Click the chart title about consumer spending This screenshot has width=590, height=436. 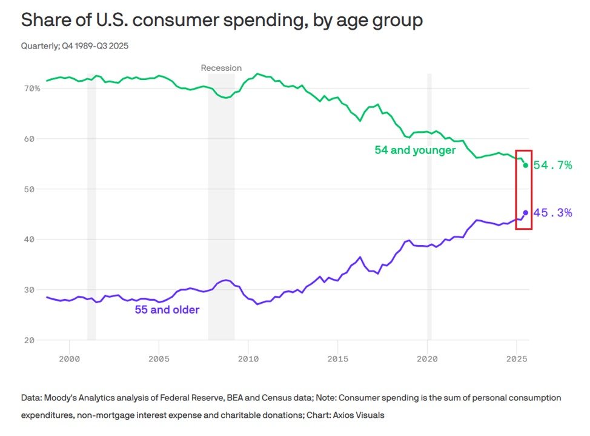coord(222,20)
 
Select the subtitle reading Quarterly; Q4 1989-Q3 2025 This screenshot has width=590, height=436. coord(75,46)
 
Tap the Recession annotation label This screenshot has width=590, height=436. coord(221,68)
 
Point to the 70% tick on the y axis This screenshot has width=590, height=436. coord(32,89)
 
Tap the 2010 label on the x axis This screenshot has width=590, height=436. coord(248,360)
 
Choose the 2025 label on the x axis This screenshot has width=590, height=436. coord(516,360)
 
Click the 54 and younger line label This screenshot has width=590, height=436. coord(415,150)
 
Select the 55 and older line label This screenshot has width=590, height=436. coord(167,310)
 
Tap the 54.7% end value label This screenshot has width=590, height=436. coord(552,165)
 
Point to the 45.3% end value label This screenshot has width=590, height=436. coord(552,213)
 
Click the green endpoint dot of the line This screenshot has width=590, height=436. coord(525,165)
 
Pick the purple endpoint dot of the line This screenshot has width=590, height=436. coord(525,213)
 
